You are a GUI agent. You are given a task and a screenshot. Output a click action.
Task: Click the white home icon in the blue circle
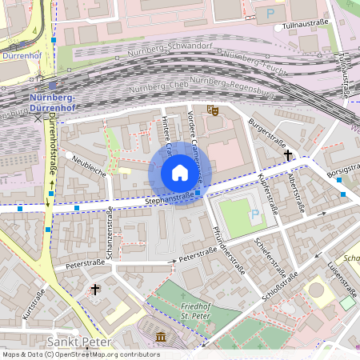point(179,173)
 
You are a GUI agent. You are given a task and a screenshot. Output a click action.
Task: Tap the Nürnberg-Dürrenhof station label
point(50,103)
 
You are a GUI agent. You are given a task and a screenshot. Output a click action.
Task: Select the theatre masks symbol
point(213,110)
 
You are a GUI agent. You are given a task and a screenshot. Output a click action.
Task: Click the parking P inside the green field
point(255,214)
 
